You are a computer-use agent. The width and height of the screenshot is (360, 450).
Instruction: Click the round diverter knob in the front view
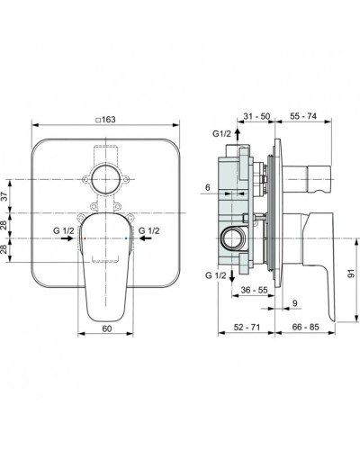tap(106, 174)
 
